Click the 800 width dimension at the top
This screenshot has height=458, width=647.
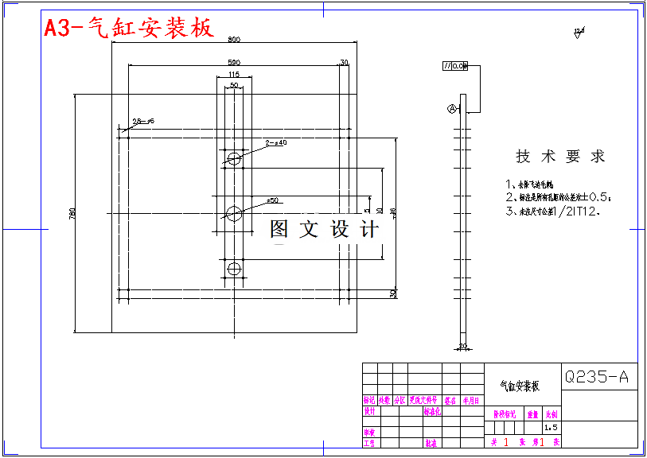click(x=233, y=39)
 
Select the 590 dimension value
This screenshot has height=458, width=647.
click(x=234, y=61)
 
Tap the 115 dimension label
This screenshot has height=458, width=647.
click(x=233, y=74)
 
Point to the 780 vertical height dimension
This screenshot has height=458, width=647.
click(x=72, y=213)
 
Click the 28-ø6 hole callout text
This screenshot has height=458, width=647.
click(x=143, y=121)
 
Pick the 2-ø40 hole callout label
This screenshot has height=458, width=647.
click(x=276, y=143)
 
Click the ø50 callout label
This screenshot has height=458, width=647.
click(x=271, y=200)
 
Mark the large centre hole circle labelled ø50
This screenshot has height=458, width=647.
click(x=234, y=213)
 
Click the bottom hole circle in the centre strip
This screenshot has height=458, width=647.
click(x=234, y=269)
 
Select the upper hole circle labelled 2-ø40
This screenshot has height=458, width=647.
click(x=234, y=158)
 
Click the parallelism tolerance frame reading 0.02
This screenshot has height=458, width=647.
click(x=455, y=66)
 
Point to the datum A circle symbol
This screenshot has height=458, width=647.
click(x=453, y=109)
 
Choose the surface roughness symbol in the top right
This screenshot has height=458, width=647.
click(x=579, y=33)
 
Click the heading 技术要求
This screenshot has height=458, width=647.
click(x=560, y=157)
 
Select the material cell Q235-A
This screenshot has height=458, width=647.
click(x=596, y=377)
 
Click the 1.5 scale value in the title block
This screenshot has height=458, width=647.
click(x=551, y=428)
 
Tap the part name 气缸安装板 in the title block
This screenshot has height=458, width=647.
click(x=520, y=386)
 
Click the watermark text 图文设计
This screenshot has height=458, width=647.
click(x=324, y=230)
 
